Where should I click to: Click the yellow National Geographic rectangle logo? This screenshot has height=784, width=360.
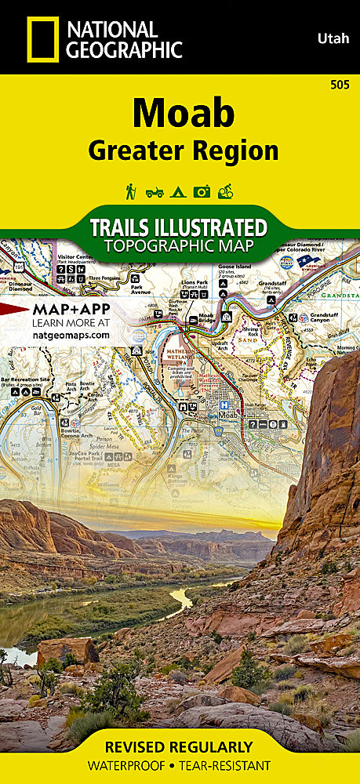(42, 39)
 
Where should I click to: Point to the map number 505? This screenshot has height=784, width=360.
(341, 84)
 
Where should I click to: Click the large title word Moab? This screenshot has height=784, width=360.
(183, 114)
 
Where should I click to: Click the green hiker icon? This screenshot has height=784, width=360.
(131, 191)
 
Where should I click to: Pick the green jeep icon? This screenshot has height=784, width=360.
(155, 191)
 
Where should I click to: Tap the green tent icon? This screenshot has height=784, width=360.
(178, 191)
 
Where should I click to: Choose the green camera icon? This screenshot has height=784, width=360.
(202, 191)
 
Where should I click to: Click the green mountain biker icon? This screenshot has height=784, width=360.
(226, 191)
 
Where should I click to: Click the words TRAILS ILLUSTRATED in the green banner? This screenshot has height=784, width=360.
(178, 227)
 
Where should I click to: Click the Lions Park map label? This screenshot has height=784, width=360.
(195, 281)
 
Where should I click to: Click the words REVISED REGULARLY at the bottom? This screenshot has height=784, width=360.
(180, 746)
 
